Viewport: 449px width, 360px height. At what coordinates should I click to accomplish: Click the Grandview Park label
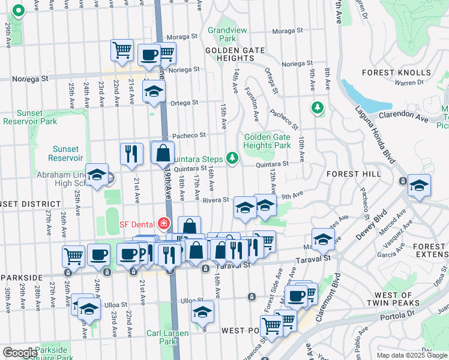pyautogui.click(x=223, y=35)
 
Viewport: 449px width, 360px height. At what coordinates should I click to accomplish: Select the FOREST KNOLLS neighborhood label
pyautogui.click(x=394, y=73)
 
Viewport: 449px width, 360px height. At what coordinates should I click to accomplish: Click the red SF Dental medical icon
pyautogui.click(x=163, y=224)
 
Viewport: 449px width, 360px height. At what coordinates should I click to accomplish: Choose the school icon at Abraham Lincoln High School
pyautogui.click(x=97, y=175)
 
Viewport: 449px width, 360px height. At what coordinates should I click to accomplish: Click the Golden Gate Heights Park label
pyautogui.click(x=267, y=141)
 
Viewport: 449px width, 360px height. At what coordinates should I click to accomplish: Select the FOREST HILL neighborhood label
pyautogui.click(x=353, y=173)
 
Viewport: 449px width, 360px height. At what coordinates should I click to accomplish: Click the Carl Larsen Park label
pyautogui.click(x=167, y=337)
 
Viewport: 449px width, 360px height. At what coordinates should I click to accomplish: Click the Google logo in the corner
pyautogui.click(x=20, y=353)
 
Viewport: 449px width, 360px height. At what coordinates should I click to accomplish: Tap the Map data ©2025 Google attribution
pyautogui.click(x=411, y=355)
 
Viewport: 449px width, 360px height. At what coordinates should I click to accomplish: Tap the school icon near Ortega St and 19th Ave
pyautogui.click(x=154, y=92)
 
